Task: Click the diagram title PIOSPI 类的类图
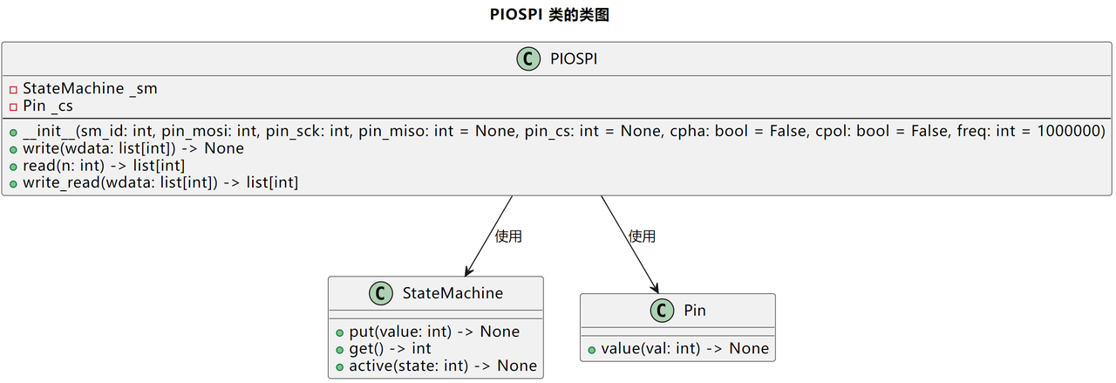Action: point(549,15)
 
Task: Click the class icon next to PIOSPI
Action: point(528,58)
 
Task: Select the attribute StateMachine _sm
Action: point(90,89)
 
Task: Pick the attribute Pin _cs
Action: point(48,106)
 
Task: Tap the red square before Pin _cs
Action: point(13,107)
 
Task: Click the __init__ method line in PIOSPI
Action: point(564,131)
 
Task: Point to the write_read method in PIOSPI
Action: point(160,182)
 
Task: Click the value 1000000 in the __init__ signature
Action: point(1069,131)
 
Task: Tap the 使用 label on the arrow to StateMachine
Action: point(508,236)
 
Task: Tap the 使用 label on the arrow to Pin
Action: point(642,236)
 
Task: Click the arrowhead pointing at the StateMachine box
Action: point(468,270)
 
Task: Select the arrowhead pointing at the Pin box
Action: point(655,287)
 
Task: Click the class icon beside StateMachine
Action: point(381,293)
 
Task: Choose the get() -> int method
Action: point(390,349)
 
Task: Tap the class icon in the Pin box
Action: point(662,311)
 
